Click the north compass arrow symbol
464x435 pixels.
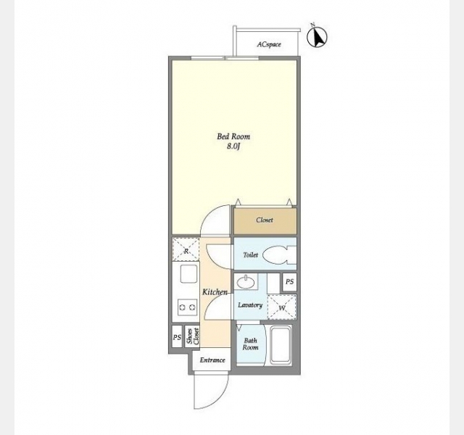pos(317,36)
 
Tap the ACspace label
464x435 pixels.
pos(269,44)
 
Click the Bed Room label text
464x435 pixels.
pos(233,136)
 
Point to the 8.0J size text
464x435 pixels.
pos(233,146)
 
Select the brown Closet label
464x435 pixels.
pos(265,220)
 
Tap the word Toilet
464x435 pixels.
pos(250,254)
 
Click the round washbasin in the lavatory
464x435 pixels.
pos(246,282)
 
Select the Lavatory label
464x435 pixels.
pos(250,304)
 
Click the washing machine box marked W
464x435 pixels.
pos(282,307)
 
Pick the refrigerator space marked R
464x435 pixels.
pos(186,249)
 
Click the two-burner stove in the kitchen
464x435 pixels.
pos(188,307)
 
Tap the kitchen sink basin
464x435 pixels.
pos(188,274)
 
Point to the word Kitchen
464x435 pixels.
pos(215,292)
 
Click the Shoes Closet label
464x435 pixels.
pos(192,336)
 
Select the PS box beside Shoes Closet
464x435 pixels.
pos(177,336)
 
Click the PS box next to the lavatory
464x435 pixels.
pos(289,282)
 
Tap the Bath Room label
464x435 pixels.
pos(250,344)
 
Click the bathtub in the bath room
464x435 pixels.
pos(280,345)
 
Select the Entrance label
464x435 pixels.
pos(212,360)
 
